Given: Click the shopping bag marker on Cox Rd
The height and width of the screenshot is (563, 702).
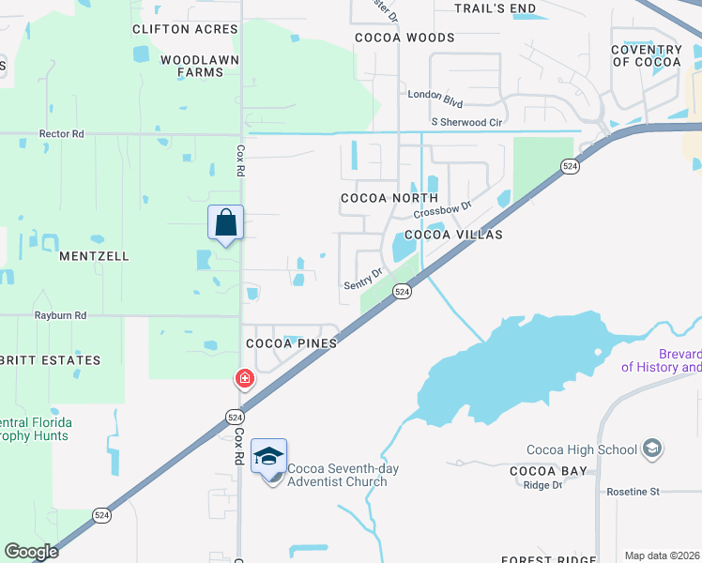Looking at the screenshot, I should pos(225,223).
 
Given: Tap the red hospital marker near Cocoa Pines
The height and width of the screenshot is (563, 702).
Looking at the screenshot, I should pos(244,379).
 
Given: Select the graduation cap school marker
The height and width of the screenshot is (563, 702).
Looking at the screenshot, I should pos(268,457).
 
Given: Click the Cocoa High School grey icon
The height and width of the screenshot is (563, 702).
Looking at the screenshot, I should pos(652,449).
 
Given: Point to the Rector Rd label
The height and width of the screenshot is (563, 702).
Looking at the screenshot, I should pos(61,134).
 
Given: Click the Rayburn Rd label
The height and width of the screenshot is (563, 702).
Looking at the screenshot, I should pos(60,316).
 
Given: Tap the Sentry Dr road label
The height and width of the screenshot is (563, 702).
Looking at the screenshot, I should pos(363,279).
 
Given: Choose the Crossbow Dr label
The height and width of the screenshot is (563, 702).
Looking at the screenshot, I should pos(440,208).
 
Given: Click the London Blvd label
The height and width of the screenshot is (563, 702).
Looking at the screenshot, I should pos(435,94).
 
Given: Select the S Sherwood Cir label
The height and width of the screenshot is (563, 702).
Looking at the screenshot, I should pos(466,122).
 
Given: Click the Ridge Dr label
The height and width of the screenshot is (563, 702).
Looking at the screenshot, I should pos(542,485).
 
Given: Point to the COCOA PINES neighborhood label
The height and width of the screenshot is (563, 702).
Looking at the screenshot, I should pos(291,343).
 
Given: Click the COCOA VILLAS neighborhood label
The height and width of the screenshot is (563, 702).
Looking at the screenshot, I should pos(453,235).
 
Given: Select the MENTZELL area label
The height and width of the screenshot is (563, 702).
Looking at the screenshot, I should pos(94,256).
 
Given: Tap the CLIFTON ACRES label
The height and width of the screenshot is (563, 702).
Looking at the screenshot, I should pos(185,29).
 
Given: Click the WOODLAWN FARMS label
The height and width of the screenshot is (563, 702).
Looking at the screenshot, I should pos(199,66).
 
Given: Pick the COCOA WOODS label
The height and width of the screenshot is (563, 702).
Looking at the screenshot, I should pos(404,38).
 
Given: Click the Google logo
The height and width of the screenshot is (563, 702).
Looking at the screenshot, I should pos(31,552).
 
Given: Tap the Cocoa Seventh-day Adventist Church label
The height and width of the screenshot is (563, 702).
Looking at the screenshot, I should pos(337,476).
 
